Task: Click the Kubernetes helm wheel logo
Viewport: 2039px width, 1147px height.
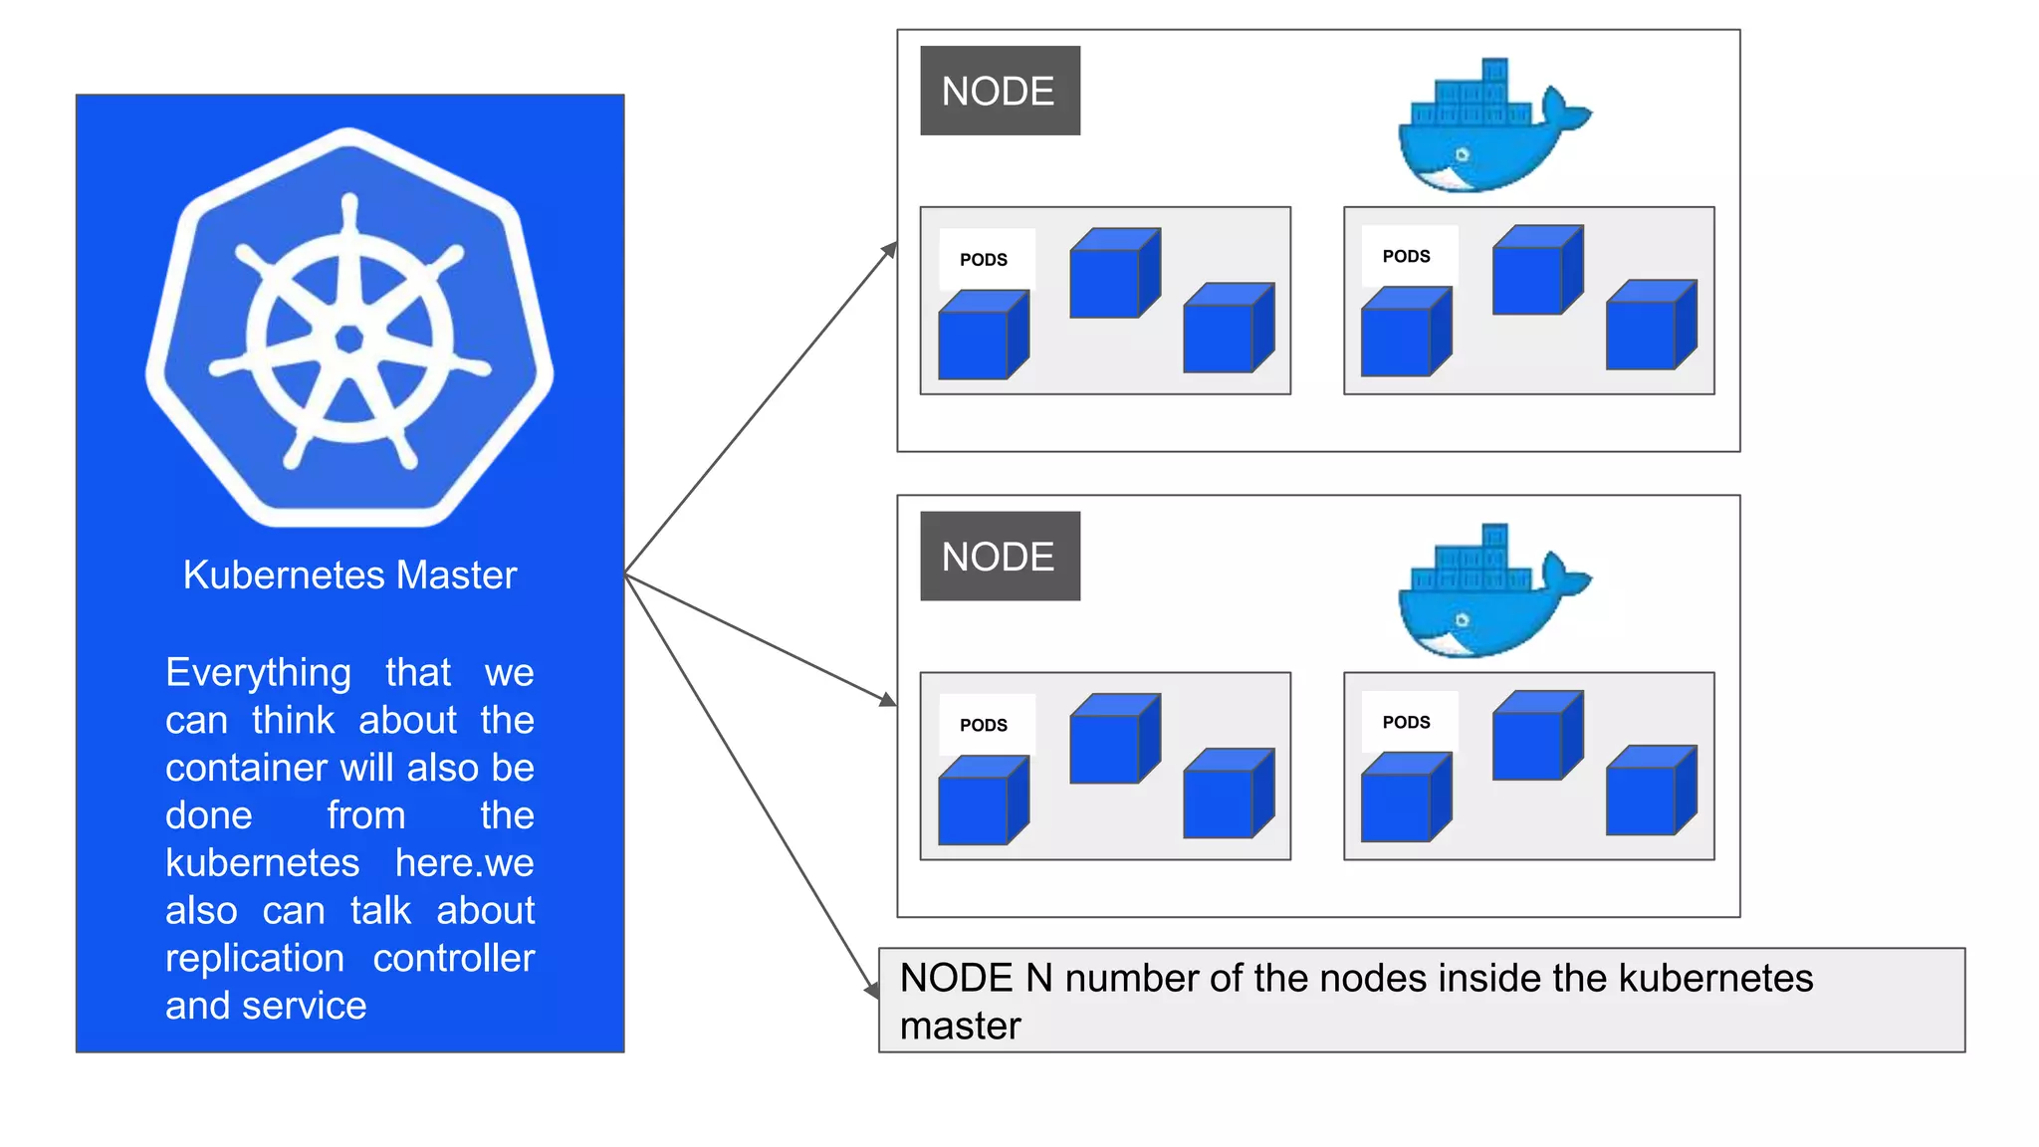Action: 349,329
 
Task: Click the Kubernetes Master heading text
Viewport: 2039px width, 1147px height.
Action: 349,574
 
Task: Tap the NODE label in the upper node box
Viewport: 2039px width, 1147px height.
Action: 999,91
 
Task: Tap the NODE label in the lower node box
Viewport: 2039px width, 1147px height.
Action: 999,557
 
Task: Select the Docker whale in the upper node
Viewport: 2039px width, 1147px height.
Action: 1488,129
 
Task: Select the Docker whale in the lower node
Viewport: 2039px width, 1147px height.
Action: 1488,594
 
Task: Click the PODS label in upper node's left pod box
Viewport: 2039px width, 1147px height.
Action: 984,260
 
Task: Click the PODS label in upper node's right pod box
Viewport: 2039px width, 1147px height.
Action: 1406,256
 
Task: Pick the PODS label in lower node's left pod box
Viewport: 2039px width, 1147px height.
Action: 984,725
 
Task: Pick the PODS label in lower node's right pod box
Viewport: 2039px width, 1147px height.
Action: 1406,722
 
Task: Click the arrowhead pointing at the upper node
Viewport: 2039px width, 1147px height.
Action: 889,251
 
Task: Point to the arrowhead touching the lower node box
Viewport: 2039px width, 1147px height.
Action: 887,700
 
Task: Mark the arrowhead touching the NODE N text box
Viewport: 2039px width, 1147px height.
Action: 872,990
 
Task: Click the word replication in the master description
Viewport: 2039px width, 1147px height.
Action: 255,958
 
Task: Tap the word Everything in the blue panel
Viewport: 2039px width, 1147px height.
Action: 258,673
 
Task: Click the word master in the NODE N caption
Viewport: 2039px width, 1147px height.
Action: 960,1027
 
